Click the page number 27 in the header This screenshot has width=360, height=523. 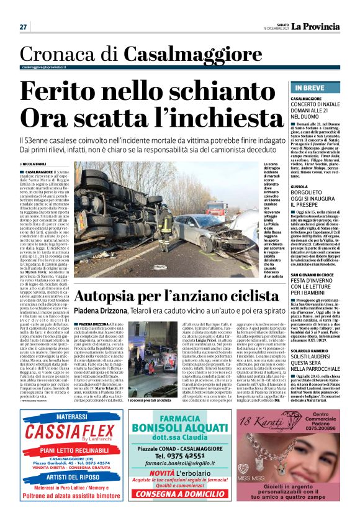click(x=23, y=27)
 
